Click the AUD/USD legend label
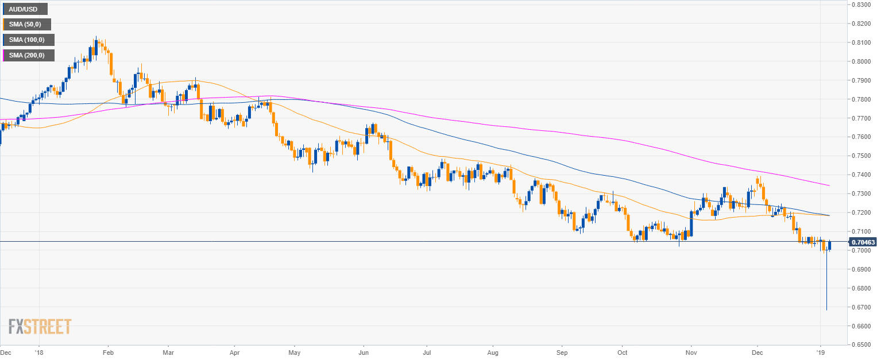24,9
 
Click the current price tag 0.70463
864,242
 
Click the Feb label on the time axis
109,352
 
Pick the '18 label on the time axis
39,352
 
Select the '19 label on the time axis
821,352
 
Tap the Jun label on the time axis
364,352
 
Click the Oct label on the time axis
622,352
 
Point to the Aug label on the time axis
493,352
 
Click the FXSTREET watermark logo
40,327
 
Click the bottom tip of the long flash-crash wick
826,310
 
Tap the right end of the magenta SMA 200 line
829,185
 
